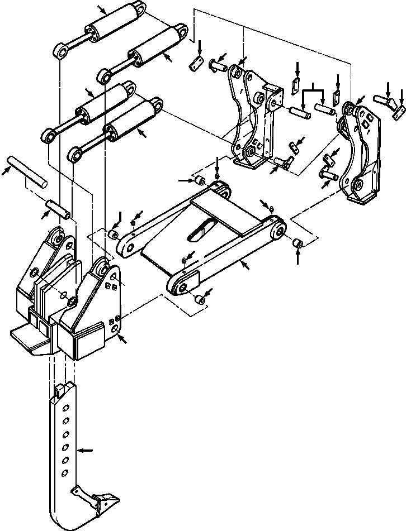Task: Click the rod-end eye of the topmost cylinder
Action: (60, 52)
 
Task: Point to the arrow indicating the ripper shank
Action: (84, 449)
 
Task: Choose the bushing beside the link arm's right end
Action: (298, 243)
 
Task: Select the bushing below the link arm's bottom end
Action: (200, 300)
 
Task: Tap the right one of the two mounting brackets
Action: (358, 151)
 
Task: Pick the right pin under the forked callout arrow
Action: (325, 108)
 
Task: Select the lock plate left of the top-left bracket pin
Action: (195, 63)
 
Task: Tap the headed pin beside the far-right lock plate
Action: (384, 102)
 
